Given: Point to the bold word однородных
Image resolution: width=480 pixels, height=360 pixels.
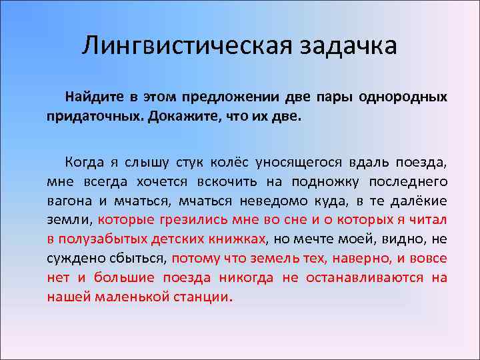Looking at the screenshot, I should pyautogui.click(x=403, y=97).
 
